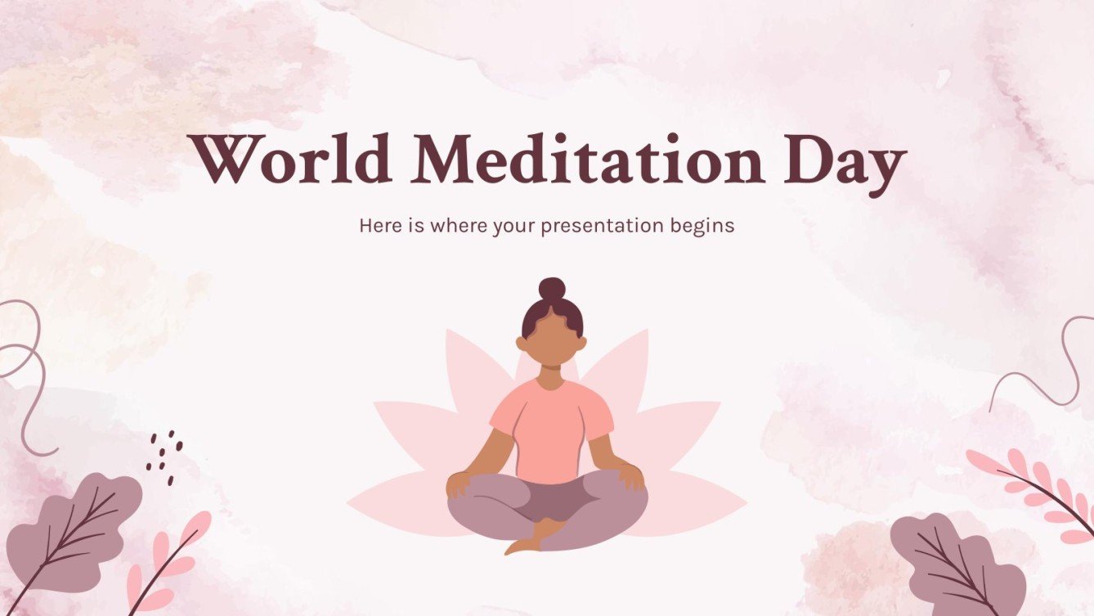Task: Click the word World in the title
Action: (x=289, y=160)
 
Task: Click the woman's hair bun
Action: (x=552, y=289)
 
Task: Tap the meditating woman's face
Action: (x=552, y=337)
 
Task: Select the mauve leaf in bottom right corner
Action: (x=957, y=564)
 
